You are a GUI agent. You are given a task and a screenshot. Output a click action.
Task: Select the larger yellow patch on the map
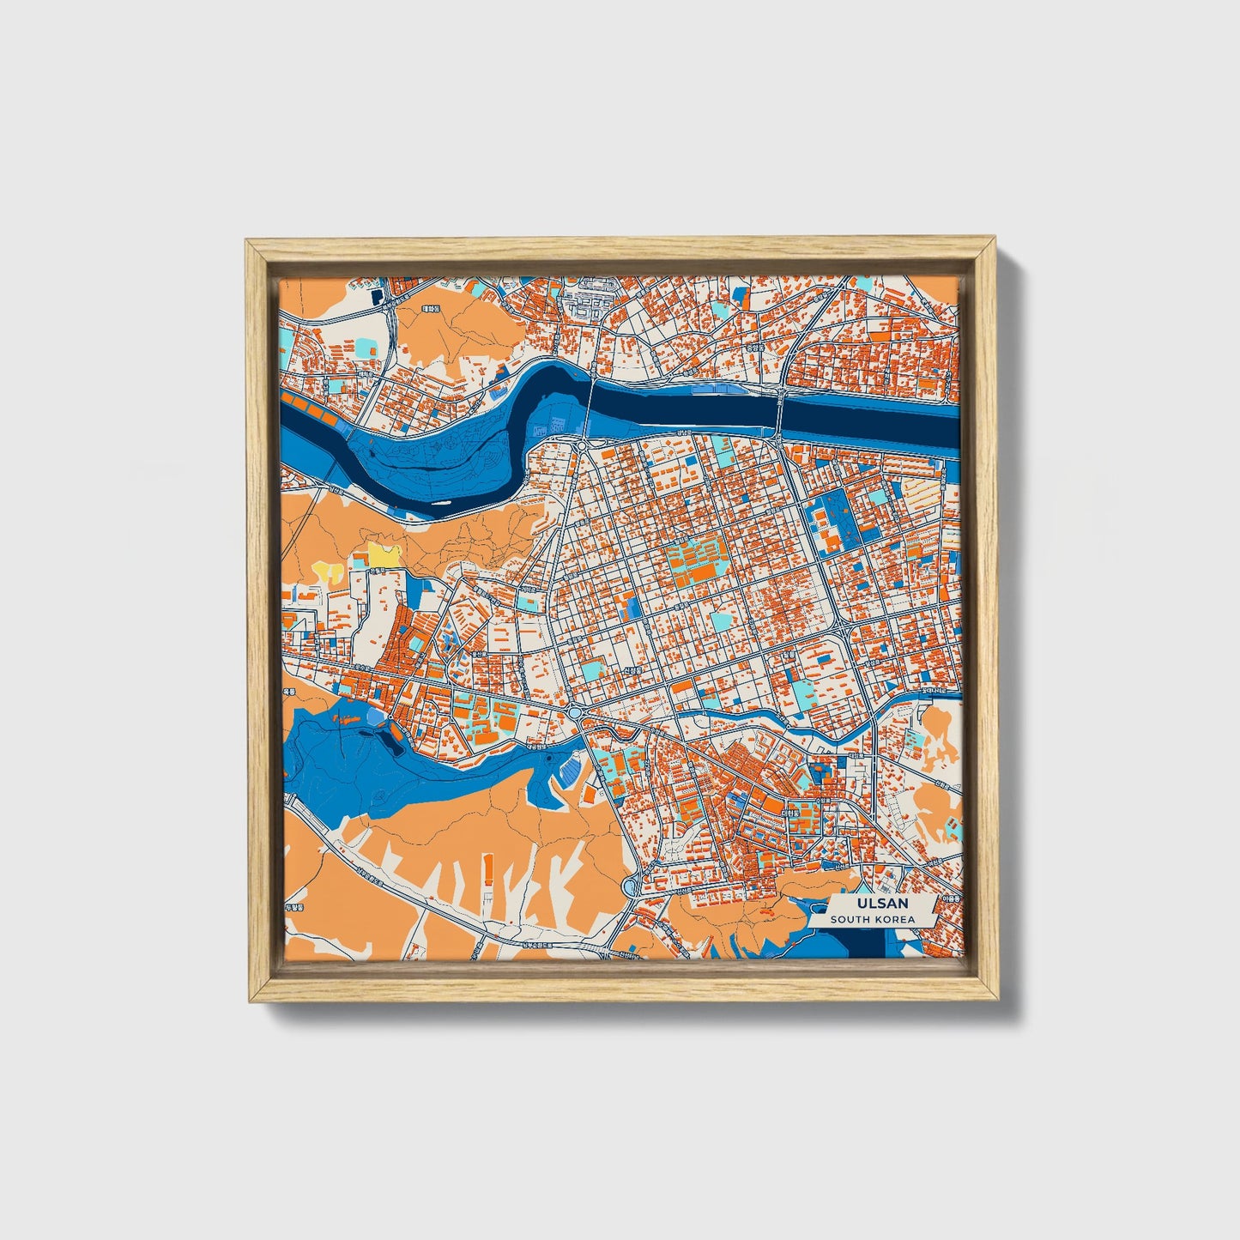coord(383,554)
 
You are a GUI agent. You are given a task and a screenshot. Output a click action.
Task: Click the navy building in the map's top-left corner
coord(378,297)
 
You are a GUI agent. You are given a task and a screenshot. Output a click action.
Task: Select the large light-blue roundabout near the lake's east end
coord(573,713)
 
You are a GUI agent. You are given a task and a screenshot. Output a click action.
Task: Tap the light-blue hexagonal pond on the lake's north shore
coord(375,715)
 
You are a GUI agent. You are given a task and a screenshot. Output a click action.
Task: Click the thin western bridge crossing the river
coord(591,403)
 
